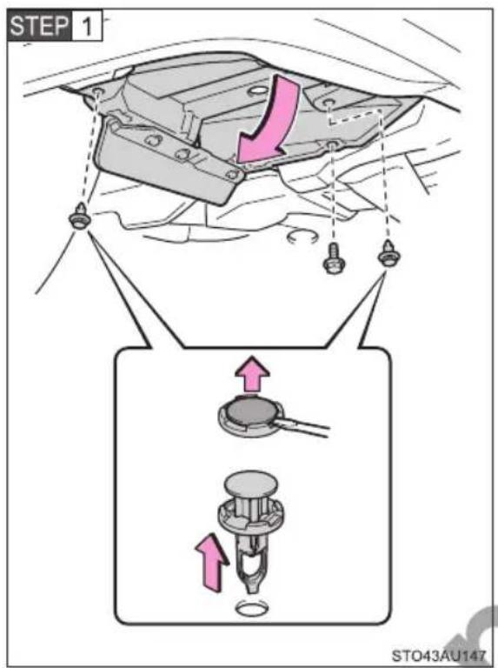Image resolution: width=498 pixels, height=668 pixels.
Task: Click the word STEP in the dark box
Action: coord(38,25)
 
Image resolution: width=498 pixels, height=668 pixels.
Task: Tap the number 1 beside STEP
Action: coord(87,26)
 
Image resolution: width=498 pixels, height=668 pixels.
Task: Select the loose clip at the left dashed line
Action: coord(78,216)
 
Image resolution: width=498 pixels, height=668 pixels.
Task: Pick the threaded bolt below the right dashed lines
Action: coord(333,258)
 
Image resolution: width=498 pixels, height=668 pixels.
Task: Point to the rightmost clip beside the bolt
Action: coord(388,253)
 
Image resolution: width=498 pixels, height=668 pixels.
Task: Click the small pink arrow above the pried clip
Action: coord(252,374)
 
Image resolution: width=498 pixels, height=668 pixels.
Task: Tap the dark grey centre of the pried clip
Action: coord(251,412)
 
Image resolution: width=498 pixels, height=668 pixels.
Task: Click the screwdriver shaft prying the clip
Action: coord(303,427)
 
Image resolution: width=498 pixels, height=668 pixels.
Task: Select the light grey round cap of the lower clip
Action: coord(250,484)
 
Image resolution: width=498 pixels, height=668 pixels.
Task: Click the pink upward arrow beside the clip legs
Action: coord(211,562)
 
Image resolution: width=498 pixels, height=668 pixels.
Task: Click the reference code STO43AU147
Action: coord(438,655)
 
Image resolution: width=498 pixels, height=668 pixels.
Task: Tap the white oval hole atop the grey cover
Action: coord(256,90)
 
